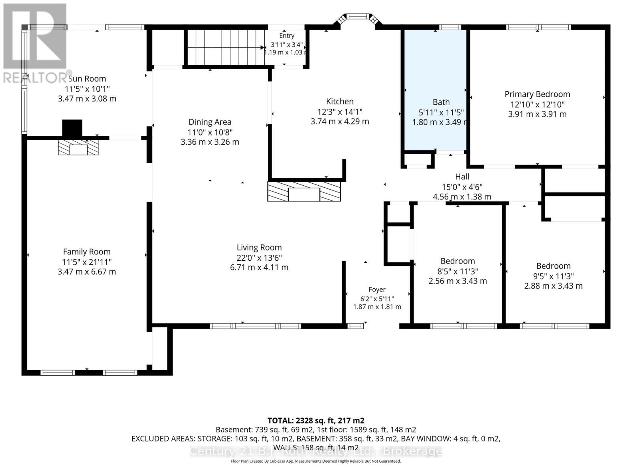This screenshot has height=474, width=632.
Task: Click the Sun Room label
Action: tap(87, 79)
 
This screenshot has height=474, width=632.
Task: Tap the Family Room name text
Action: tap(87, 252)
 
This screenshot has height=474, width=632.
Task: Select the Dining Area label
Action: tap(210, 122)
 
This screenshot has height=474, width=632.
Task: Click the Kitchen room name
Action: tap(340, 102)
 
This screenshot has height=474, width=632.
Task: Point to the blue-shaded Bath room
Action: tap(435, 90)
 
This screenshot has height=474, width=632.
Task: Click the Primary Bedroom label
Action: tap(537, 94)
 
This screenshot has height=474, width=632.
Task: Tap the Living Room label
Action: tap(259, 248)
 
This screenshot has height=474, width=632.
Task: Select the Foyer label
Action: tap(377, 290)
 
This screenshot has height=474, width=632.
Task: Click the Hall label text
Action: tap(462, 177)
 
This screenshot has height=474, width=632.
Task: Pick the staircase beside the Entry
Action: tap(226, 47)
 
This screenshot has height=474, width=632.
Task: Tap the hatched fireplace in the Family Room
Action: tap(78, 147)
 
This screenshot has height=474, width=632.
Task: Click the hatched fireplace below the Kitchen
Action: tap(304, 192)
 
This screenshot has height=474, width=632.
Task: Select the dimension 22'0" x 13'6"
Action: tap(259, 258)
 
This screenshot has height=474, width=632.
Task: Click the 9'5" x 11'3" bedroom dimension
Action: tap(553, 276)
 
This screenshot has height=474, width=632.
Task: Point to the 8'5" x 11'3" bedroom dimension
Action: tap(457, 271)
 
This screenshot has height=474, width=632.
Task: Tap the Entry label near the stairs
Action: tap(287, 36)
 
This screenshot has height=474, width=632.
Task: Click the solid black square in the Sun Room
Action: tap(72, 128)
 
